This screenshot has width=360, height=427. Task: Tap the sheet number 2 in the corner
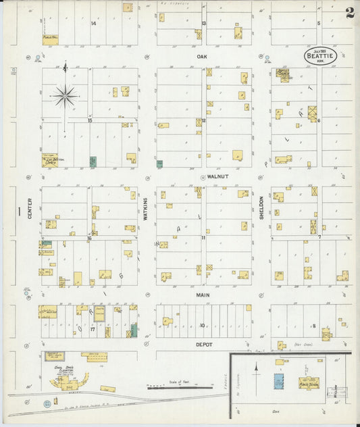pos(349,13)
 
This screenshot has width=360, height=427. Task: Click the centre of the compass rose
pos(65,97)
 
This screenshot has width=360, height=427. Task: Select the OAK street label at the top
pos(201,57)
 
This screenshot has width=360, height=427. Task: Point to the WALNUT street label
pos(215,176)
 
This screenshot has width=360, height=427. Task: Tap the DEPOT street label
pos(204,344)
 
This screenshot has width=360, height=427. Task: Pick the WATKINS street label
pos(145,210)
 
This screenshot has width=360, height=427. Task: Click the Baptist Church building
pos(284,75)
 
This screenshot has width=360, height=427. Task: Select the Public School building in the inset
pos(309,382)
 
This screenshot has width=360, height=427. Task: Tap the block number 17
pos(93,329)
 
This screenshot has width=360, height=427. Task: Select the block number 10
pos(201,326)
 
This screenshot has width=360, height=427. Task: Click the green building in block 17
pos(134,330)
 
